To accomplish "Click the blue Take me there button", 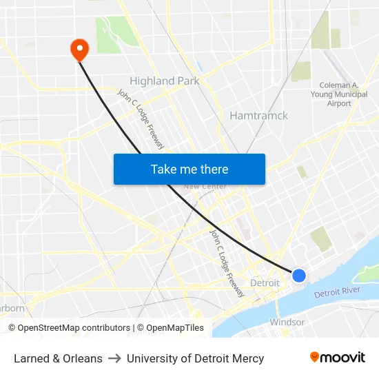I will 189,169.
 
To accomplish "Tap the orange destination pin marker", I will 80,48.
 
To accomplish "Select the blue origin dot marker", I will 298,275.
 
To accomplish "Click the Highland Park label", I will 165,81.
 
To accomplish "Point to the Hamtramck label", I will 258,115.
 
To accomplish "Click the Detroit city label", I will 265,283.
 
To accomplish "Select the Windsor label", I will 287,322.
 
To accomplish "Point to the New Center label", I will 205,186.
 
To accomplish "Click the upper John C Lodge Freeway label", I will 141,119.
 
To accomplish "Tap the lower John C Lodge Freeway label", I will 227,263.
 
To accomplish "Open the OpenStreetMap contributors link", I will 69,328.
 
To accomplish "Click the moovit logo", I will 338,358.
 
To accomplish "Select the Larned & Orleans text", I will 58,358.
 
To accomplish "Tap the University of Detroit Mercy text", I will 195,358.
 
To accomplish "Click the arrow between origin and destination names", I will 114,358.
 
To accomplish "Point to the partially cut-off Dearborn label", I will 12,308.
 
